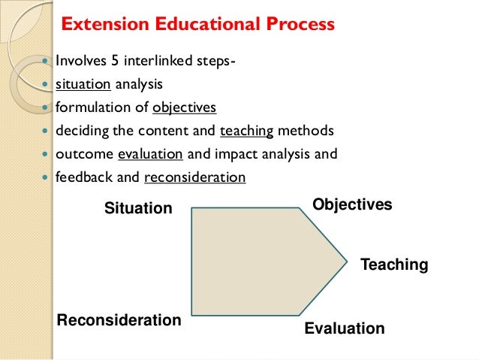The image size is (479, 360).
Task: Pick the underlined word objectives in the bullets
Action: point(184,107)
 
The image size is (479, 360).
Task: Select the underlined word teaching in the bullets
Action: point(247,132)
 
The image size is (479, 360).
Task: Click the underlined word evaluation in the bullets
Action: point(150,155)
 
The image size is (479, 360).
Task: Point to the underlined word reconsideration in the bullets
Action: point(194,178)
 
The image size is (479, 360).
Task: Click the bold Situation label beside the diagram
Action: point(138,208)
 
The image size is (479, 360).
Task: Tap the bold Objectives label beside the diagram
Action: point(352,204)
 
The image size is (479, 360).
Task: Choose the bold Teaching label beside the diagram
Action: point(394,265)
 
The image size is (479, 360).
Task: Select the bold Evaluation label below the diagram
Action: point(344,328)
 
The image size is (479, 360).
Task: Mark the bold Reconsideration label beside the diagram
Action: point(119,320)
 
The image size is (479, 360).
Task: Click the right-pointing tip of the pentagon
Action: point(346,262)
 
